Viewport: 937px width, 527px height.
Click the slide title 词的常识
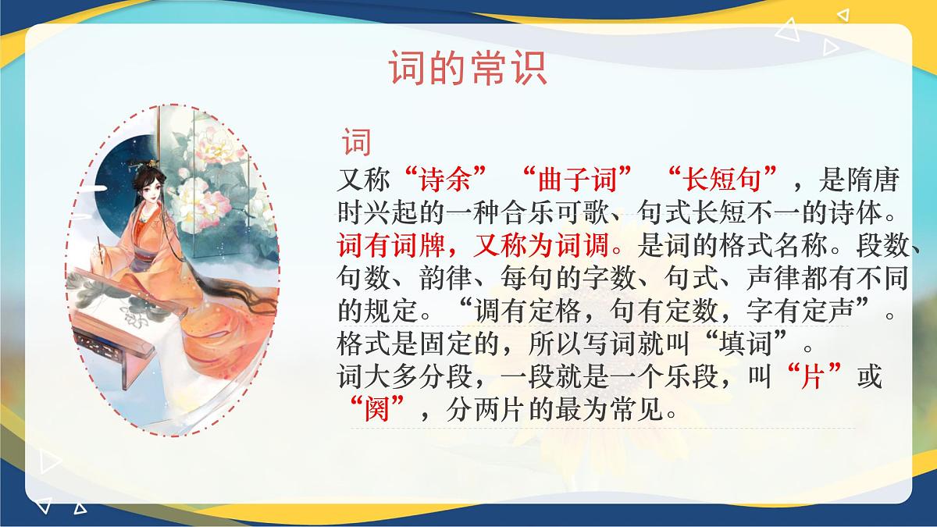click(468, 69)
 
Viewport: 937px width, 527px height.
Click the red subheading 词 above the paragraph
click(356, 144)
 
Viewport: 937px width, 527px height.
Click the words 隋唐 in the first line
click(869, 181)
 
